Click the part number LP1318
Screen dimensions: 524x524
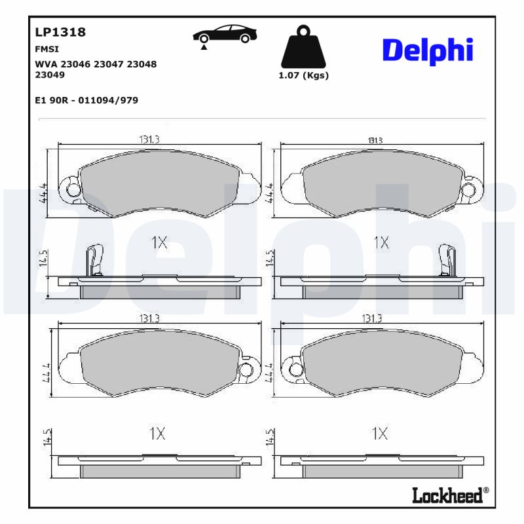[x=60, y=32]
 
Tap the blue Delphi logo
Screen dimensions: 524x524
[x=427, y=50]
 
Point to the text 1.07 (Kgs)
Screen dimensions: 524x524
[x=303, y=75]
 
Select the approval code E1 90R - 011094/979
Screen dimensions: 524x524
[x=85, y=100]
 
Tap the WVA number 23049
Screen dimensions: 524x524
[x=49, y=75]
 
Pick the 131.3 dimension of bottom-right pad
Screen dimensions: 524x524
[x=371, y=318]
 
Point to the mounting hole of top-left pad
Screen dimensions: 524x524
[x=73, y=191]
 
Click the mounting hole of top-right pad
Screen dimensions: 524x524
[x=468, y=190]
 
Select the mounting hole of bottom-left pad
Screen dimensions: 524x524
[x=246, y=370]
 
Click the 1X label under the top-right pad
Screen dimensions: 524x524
[x=381, y=243]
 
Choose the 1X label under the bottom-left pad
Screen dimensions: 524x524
[x=157, y=433]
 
